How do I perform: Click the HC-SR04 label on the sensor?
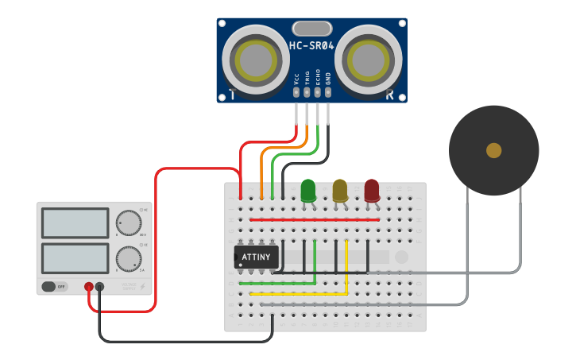(311, 46)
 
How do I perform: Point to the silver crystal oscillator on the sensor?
(311, 29)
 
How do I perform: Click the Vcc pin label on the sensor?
(296, 79)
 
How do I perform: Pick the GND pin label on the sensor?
(328, 79)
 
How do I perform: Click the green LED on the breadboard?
(308, 191)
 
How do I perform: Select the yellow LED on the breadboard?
(340, 191)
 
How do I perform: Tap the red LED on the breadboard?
(372, 191)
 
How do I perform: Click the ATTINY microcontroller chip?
(256, 257)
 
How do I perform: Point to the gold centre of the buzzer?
(493, 150)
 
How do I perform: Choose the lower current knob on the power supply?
(128, 259)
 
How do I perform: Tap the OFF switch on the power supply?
(54, 286)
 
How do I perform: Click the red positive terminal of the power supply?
(89, 286)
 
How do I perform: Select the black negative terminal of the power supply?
(100, 286)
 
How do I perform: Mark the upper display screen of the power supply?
(75, 223)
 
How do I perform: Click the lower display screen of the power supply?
(75, 258)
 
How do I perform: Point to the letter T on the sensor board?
(231, 95)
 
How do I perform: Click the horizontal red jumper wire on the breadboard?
(314, 219)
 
